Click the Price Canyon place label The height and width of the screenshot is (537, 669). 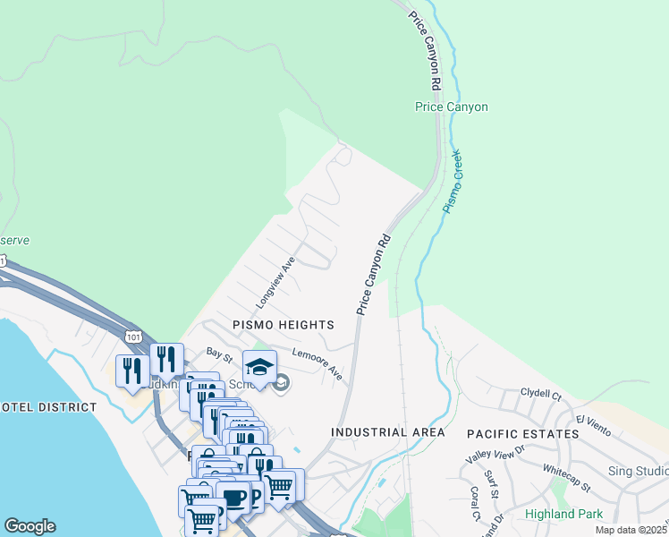[452, 107]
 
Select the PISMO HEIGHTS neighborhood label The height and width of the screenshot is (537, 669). [284, 325]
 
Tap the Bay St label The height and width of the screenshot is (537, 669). [219, 357]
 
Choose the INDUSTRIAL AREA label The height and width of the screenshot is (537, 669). [387, 432]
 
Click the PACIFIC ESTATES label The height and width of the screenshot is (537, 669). [522, 434]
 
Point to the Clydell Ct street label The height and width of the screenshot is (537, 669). [540, 394]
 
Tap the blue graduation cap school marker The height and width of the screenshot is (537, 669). [259, 367]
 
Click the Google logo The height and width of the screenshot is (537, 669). [30, 526]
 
